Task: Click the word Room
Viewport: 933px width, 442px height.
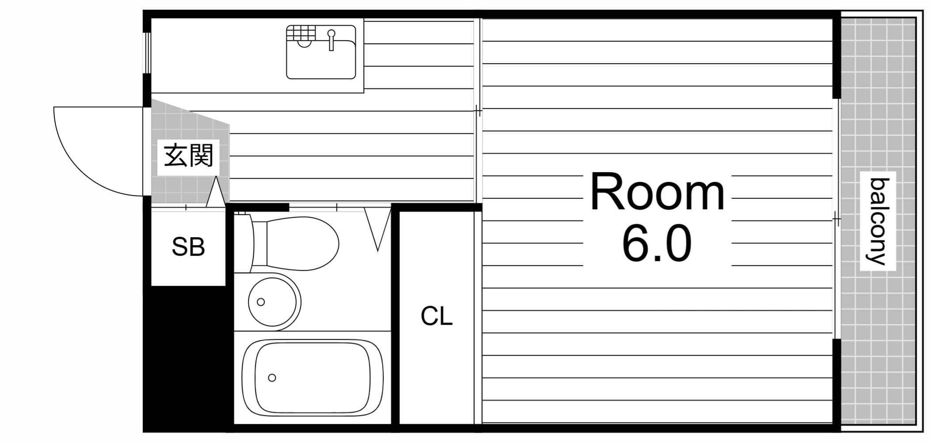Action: tap(657, 193)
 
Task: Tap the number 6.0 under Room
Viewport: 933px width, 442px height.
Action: tap(657, 243)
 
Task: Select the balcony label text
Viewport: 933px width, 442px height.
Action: tap(878, 221)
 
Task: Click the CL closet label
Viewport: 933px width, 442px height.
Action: tap(437, 316)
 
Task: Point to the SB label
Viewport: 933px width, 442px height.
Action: tap(188, 247)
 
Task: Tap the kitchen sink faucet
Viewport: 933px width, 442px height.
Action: tap(331, 40)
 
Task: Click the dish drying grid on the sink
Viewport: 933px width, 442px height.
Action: tap(301, 32)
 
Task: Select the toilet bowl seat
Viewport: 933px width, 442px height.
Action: tap(302, 243)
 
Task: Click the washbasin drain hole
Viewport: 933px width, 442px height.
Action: tap(261, 302)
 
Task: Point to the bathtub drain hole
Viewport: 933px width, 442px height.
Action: tap(272, 378)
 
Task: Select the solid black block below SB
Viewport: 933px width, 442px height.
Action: tap(188, 358)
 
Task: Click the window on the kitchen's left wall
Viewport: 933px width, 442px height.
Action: tap(147, 53)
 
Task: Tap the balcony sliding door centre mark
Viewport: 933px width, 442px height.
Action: tap(836, 219)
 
